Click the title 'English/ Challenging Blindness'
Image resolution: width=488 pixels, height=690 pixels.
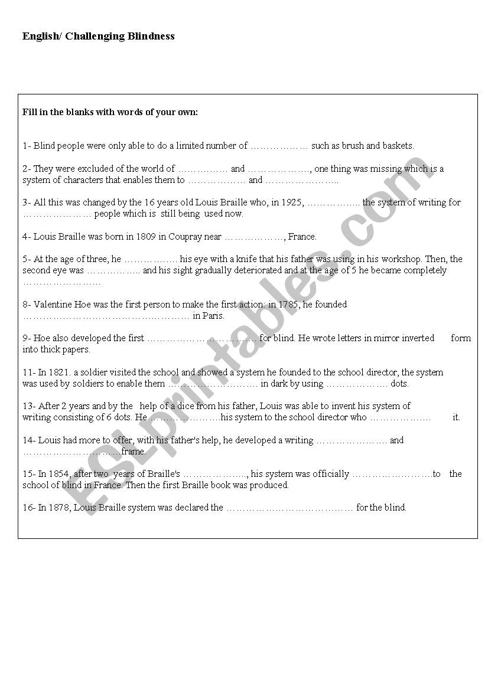[99, 36]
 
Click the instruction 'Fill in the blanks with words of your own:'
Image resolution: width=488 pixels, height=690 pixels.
[110, 112]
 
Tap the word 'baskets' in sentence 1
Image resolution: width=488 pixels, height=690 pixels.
[398, 146]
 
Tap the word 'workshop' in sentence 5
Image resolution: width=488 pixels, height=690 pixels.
[401, 259]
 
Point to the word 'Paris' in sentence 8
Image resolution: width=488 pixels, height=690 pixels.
[213, 316]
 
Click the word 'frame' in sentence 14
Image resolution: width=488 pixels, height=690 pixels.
[133, 452]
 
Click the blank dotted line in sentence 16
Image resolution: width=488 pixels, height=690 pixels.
[289, 508]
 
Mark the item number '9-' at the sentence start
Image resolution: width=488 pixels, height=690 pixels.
[27, 338]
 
